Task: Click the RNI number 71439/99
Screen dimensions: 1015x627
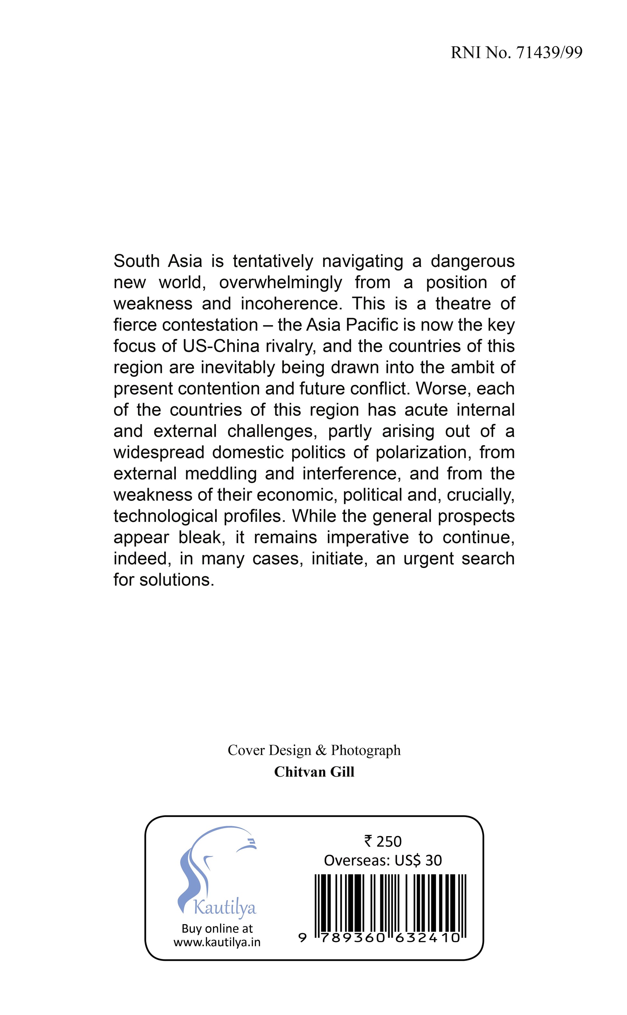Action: pyautogui.click(x=549, y=53)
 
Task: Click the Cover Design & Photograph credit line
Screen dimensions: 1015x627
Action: pyautogui.click(x=314, y=750)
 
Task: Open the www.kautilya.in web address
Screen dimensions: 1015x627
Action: pyautogui.click(x=217, y=942)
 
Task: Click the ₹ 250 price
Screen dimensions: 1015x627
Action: pyautogui.click(x=383, y=841)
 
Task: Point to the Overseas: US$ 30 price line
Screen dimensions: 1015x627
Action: pyautogui.click(x=383, y=860)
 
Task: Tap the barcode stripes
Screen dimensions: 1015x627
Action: pyautogui.click(x=390, y=898)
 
